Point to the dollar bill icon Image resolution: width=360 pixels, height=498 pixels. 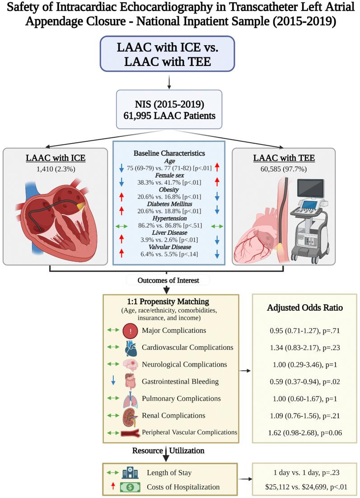coord(130,487)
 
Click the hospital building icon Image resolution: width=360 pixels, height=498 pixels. coord(130,473)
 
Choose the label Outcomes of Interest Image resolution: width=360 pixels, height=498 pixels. coord(168,280)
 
